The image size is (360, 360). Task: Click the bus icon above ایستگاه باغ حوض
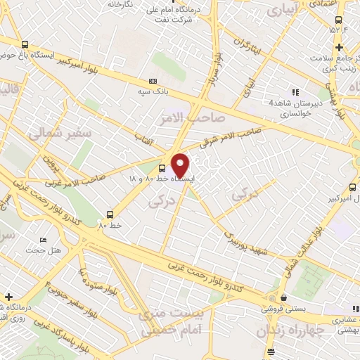coord(26,44)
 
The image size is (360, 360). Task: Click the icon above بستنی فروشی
coord(283,298)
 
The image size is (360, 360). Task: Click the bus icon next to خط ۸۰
coord(110,214)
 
